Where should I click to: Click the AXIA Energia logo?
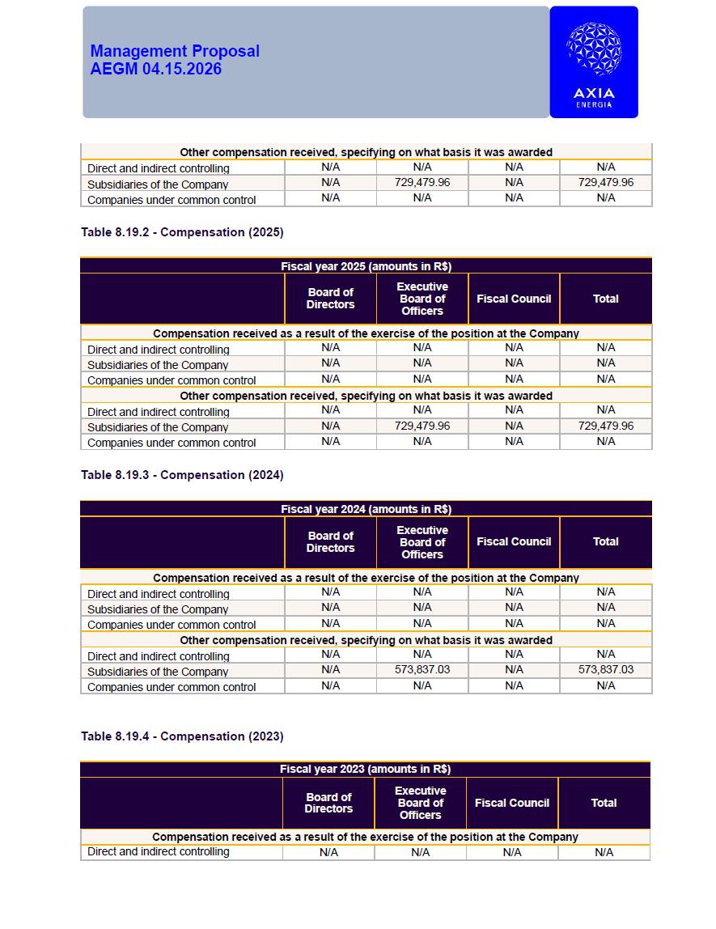click(594, 62)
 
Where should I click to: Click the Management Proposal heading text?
click(175, 51)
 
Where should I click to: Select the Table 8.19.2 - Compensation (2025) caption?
click(182, 232)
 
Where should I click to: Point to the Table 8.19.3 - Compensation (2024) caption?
click(182, 475)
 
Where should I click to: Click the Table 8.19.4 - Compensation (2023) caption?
click(182, 736)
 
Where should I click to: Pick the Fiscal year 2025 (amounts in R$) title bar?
click(366, 266)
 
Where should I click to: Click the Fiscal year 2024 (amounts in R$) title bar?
click(366, 509)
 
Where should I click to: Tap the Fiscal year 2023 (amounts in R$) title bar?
click(365, 769)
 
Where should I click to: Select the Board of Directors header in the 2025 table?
click(330, 299)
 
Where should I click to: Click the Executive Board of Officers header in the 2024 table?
click(422, 542)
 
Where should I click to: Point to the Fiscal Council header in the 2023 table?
click(512, 803)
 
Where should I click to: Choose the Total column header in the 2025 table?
click(605, 299)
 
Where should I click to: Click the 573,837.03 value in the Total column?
click(606, 670)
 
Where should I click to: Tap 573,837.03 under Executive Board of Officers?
click(422, 670)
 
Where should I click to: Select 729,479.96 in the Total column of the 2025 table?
click(606, 426)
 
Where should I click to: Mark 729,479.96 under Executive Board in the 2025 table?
click(422, 426)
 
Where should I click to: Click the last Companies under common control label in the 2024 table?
click(172, 687)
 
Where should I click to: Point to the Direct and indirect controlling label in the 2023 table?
click(159, 852)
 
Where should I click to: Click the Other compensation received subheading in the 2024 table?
click(366, 640)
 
